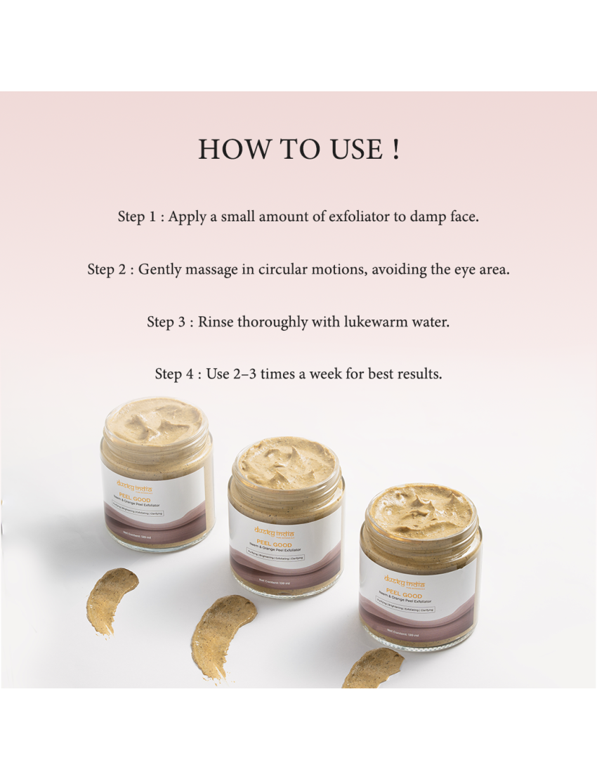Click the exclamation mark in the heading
click(x=397, y=150)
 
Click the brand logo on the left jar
click(x=133, y=485)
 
